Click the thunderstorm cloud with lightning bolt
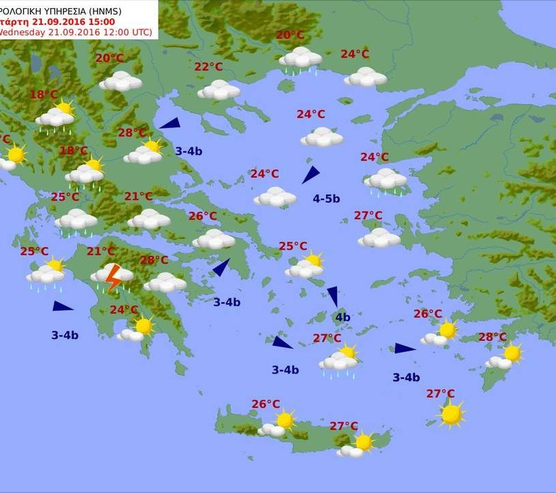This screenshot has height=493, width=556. [113, 277]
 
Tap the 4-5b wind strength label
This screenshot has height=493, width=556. [326, 199]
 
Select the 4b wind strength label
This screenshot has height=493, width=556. [342, 317]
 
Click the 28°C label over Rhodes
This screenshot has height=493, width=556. [492, 337]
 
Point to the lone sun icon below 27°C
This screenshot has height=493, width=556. [451, 414]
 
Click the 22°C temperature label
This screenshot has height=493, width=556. [208, 66]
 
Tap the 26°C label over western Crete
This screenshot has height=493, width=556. [265, 404]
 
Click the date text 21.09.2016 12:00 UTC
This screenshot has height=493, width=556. [95, 32]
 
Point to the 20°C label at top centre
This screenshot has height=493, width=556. [290, 35]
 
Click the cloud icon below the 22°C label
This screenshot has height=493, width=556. [219, 90]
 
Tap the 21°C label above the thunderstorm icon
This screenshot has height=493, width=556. [100, 252]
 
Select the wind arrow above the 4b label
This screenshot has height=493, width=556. [333, 296]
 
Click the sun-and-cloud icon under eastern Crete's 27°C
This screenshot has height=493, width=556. [357, 445]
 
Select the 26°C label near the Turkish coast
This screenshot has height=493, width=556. [427, 314]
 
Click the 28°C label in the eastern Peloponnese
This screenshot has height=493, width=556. [154, 260]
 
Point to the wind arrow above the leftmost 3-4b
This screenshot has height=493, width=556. [62, 307]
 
